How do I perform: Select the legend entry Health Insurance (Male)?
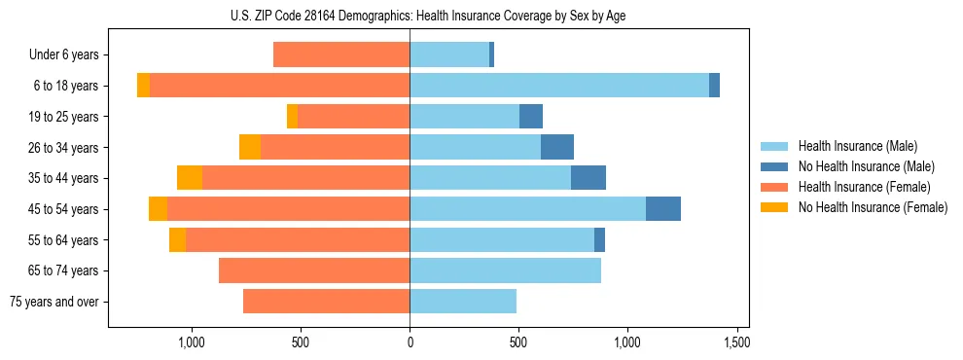[x=857, y=146]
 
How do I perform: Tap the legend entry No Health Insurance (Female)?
[x=873, y=207]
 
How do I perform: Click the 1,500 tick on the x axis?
[x=736, y=342]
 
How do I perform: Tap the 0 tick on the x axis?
[x=410, y=342]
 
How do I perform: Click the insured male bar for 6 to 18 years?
[x=559, y=86]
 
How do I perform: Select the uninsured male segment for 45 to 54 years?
[x=663, y=209]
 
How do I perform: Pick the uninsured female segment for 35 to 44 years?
[x=190, y=178]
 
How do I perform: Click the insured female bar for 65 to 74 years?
[x=314, y=270]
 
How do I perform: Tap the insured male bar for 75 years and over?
[x=463, y=302]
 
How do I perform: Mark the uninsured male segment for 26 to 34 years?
[x=557, y=147]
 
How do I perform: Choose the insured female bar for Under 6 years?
[x=341, y=55]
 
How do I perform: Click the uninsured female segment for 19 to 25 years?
[x=292, y=117]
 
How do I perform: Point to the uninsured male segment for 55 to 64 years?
[x=599, y=239]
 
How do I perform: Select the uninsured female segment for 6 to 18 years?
[x=143, y=86]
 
